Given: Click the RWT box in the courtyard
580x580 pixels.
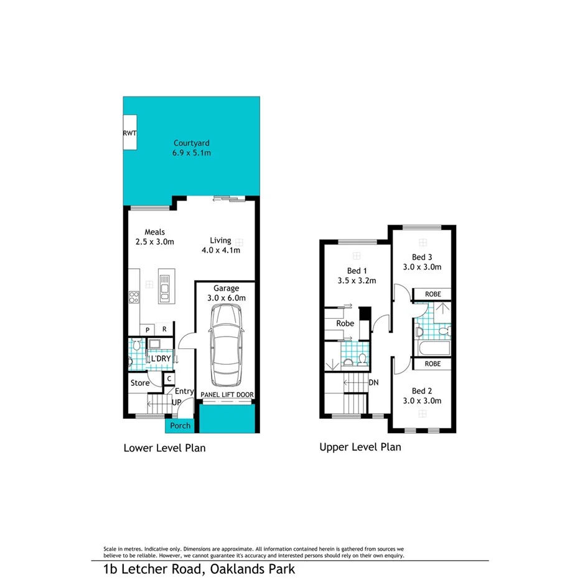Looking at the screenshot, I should [129, 133].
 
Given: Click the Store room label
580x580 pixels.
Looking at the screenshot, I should [139, 383].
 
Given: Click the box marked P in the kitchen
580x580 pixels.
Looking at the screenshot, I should [148, 329].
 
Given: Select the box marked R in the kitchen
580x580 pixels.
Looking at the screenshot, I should [164, 329].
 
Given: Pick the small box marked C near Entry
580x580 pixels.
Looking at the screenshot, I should [169, 378].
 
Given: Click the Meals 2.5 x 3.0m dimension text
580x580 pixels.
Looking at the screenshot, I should [154, 242].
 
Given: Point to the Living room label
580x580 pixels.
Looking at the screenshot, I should [220, 240].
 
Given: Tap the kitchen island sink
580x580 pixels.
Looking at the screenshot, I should [165, 289].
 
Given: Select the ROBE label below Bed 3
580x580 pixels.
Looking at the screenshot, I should [433, 294].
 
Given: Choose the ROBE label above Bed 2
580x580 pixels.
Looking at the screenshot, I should [433, 363].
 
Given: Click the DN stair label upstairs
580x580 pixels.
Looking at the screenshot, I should [374, 383].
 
